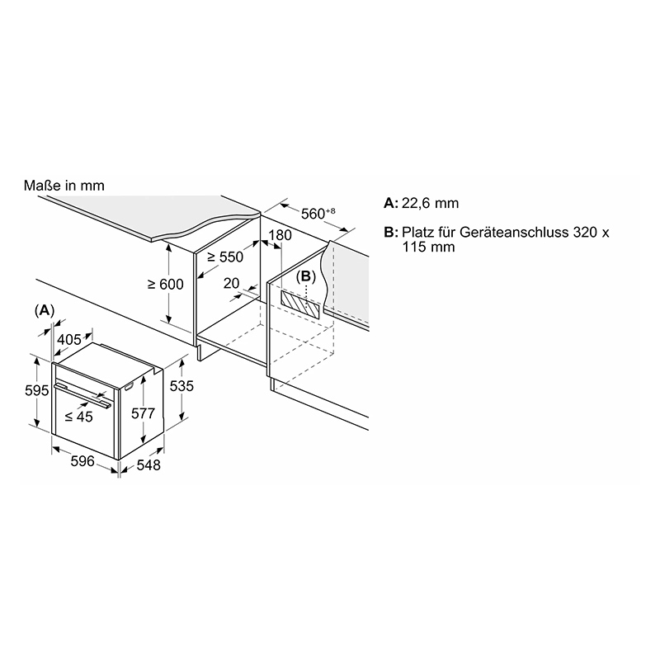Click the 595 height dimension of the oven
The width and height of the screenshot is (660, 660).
click(x=37, y=391)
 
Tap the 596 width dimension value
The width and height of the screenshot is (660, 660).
click(x=82, y=461)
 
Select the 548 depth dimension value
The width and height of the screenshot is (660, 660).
click(x=148, y=465)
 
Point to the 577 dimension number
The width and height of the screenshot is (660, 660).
click(x=143, y=413)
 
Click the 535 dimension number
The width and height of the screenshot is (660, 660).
click(x=181, y=386)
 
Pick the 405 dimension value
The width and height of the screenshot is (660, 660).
click(x=69, y=339)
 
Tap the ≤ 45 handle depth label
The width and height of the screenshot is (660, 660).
click(x=78, y=417)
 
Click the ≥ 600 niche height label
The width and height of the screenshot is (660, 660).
click(x=166, y=285)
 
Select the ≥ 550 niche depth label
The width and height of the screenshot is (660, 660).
click(x=225, y=257)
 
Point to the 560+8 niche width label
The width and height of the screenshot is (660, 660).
click(x=318, y=214)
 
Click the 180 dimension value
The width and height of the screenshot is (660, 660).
click(x=280, y=235)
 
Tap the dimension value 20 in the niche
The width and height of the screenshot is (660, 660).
click(x=231, y=283)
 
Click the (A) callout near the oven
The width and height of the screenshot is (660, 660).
click(x=45, y=311)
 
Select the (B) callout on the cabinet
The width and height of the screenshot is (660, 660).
click(x=306, y=276)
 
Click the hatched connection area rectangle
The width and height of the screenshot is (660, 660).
click(x=300, y=304)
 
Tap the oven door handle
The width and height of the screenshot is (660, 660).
click(x=82, y=395)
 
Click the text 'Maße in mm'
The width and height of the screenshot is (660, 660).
click(x=64, y=186)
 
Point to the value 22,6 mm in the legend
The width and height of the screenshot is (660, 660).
click(x=430, y=203)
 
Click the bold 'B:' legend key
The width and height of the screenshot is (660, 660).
click(x=390, y=233)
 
